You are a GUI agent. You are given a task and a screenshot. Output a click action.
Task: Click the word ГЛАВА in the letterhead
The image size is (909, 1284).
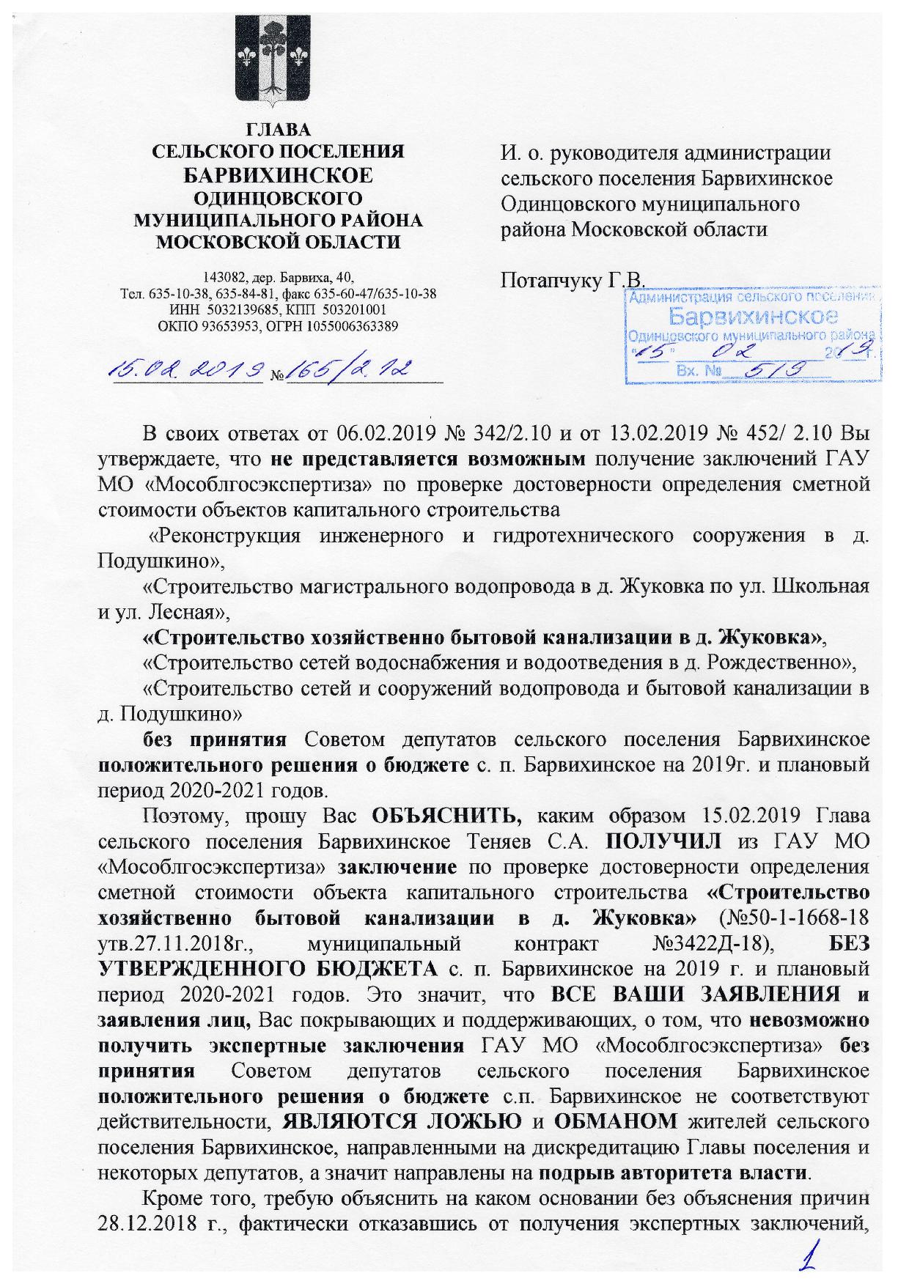coord(278,130)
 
